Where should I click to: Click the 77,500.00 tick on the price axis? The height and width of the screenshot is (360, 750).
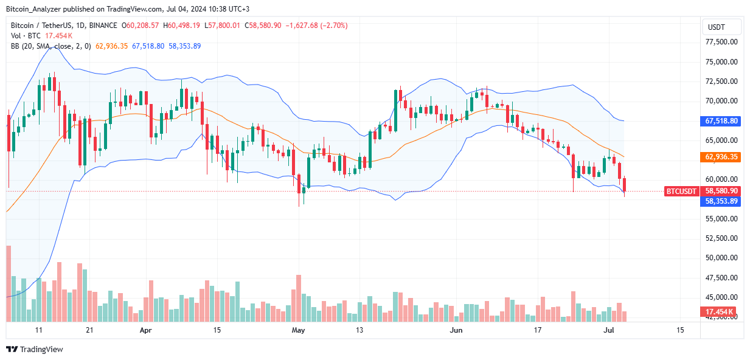point(721,42)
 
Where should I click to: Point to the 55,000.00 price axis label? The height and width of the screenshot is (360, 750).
point(721,218)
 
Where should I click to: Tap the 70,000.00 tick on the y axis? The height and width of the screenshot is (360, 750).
point(721,101)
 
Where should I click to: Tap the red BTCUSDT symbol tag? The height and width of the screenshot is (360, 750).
point(681,191)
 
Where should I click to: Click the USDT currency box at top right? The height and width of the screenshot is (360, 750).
point(721,27)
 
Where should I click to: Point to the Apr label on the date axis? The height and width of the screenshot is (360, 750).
point(145,330)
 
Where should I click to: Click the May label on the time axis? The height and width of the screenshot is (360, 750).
point(298,330)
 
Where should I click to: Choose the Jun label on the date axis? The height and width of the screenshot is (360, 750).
point(456,330)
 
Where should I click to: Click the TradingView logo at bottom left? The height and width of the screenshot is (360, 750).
point(35,349)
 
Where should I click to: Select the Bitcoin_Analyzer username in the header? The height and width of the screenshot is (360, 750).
point(33,9)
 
